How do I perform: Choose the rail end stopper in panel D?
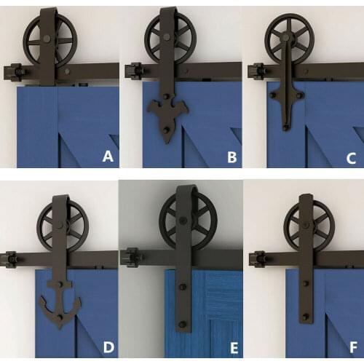coord(11,258)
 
